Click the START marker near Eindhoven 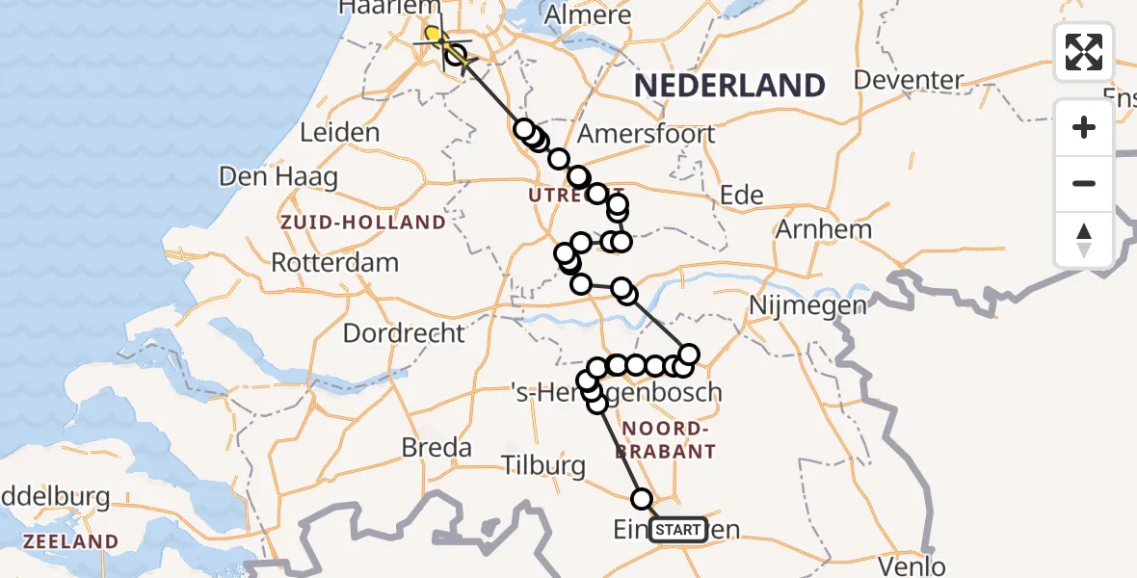(x=678, y=530)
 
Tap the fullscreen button (x=1084, y=52)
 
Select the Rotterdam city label (x=334, y=262)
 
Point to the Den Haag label (x=278, y=177)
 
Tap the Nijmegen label (x=806, y=305)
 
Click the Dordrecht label (x=404, y=333)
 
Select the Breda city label (x=436, y=448)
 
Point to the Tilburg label (x=543, y=466)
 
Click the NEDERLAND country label (x=729, y=86)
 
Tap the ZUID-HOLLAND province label (x=362, y=223)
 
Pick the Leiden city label (x=339, y=133)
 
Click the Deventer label (x=909, y=80)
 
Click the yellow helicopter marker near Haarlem (x=434, y=37)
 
